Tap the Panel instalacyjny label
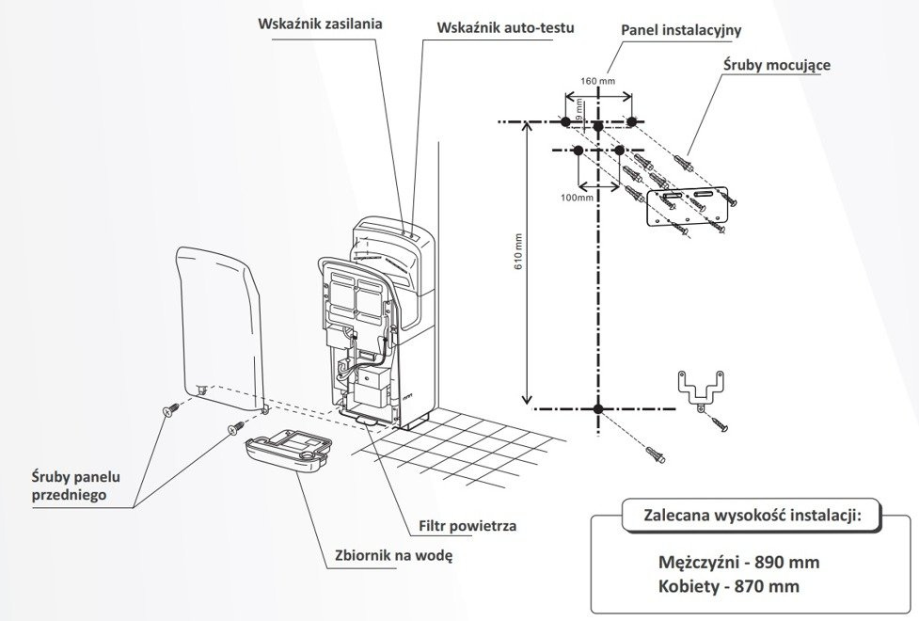[682, 30]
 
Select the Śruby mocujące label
[776, 66]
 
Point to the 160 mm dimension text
[598, 81]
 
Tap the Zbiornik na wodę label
[394, 556]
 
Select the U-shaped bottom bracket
[701, 388]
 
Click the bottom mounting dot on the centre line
[598, 408]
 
